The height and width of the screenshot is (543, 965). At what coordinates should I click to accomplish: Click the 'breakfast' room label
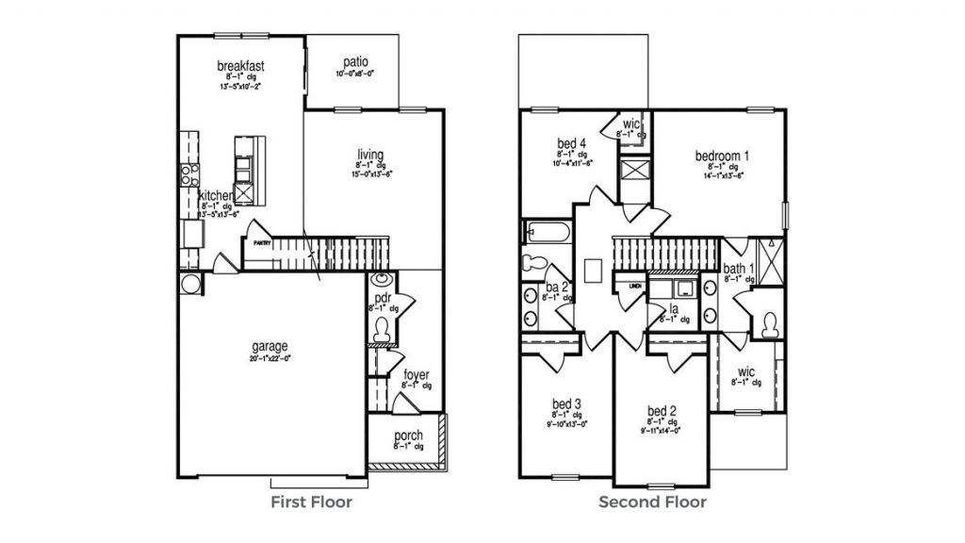(x=239, y=66)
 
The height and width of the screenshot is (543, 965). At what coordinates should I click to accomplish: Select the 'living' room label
(x=369, y=154)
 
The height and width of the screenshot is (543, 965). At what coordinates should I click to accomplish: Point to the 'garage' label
(x=269, y=345)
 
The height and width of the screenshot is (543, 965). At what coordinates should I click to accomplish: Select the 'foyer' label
(x=416, y=374)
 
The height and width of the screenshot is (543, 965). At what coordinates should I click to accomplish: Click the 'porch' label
(x=408, y=436)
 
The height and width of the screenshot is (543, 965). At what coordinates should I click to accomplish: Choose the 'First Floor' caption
(x=311, y=502)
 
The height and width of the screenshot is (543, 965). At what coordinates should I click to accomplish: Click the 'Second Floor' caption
(x=652, y=502)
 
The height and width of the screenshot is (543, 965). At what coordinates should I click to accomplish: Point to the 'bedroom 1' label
(x=723, y=156)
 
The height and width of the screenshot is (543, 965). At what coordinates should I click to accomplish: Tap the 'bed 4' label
(x=572, y=143)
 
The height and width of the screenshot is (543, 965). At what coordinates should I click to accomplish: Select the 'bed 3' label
(x=566, y=403)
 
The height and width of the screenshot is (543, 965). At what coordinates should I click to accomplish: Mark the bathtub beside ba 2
(x=544, y=231)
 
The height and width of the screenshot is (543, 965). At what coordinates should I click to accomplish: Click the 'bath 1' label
(x=739, y=269)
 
